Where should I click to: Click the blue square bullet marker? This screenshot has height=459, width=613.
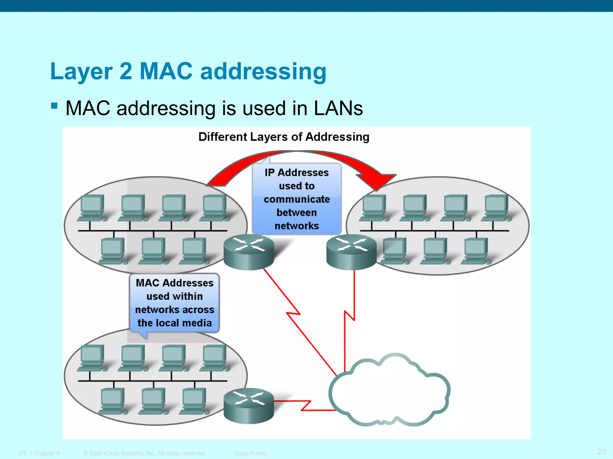pyautogui.click(x=54, y=106)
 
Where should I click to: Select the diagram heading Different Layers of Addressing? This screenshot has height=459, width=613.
pyautogui.click(x=284, y=137)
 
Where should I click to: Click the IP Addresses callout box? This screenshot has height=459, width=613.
pyautogui.click(x=297, y=199)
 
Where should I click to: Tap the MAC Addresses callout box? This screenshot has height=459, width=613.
pyautogui.click(x=175, y=302)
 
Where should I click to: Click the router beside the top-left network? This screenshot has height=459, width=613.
pyautogui.click(x=249, y=253)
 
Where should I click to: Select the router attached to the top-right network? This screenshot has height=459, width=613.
pyautogui.click(x=351, y=253)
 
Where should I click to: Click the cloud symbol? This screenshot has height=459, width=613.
pyautogui.click(x=389, y=391)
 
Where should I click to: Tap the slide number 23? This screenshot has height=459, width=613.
pyautogui.click(x=601, y=452)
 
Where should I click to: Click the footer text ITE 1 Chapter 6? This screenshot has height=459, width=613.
pyautogui.click(x=39, y=453)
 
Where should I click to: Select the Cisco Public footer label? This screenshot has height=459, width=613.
pyautogui.click(x=250, y=453)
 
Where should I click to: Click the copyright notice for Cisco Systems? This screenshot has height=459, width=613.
pyautogui.click(x=145, y=453)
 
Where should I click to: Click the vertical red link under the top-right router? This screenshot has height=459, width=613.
pyautogui.click(x=354, y=293)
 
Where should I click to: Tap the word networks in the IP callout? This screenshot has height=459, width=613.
pyautogui.click(x=297, y=226)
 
